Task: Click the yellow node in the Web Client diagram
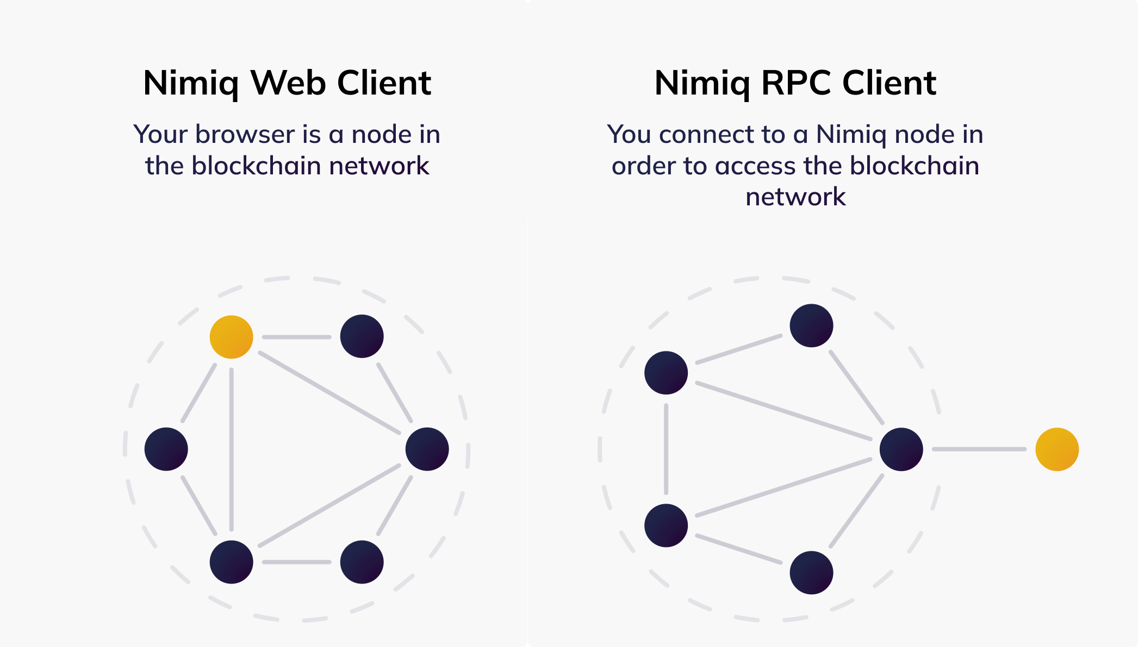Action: pyautogui.click(x=231, y=337)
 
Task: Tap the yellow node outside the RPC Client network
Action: pyautogui.click(x=1056, y=449)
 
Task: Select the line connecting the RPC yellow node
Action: pyautogui.click(x=979, y=449)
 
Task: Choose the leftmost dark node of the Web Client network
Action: pyautogui.click(x=166, y=449)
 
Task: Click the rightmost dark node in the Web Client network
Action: pyautogui.click(x=427, y=449)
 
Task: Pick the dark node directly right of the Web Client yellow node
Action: pyautogui.click(x=362, y=336)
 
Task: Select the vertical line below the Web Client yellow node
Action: pyautogui.click(x=231, y=449)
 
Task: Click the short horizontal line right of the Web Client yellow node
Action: pyautogui.click(x=296, y=337)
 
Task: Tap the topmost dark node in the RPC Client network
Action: pyautogui.click(x=811, y=325)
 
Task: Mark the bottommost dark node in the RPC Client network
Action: pyautogui.click(x=811, y=573)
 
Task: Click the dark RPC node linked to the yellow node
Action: pyautogui.click(x=901, y=449)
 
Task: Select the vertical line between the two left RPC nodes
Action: pyautogui.click(x=666, y=449)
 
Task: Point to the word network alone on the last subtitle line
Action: pyautogui.click(x=795, y=197)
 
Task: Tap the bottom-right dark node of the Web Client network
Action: pyautogui.click(x=362, y=562)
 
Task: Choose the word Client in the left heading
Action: pyautogui.click(x=384, y=83)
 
